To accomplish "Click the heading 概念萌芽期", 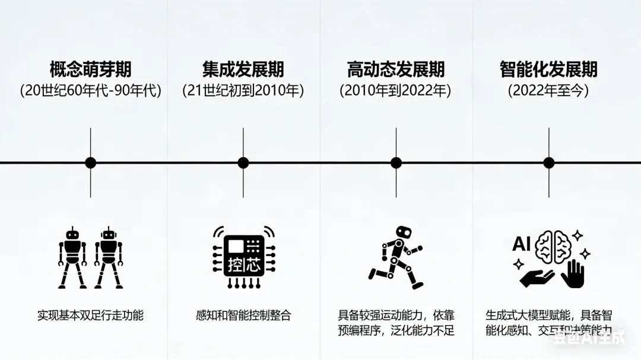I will (90, 69).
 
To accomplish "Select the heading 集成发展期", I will (243, 69).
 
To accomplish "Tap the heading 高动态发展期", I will (396, 69).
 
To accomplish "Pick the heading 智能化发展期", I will (548, 69).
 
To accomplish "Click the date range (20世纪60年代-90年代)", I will (90, 91).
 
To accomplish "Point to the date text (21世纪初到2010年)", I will (243, 91).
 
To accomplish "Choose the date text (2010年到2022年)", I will (396, 91).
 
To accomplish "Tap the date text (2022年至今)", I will (548, 91).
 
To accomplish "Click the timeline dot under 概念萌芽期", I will (90, 163).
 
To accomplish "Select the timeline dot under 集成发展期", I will (243, 163).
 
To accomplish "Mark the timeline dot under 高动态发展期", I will (396, 163).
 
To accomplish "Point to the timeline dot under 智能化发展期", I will (548, 163).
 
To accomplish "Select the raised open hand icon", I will (574, 275).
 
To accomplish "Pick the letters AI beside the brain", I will (521, 244).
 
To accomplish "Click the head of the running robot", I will (404, 232).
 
